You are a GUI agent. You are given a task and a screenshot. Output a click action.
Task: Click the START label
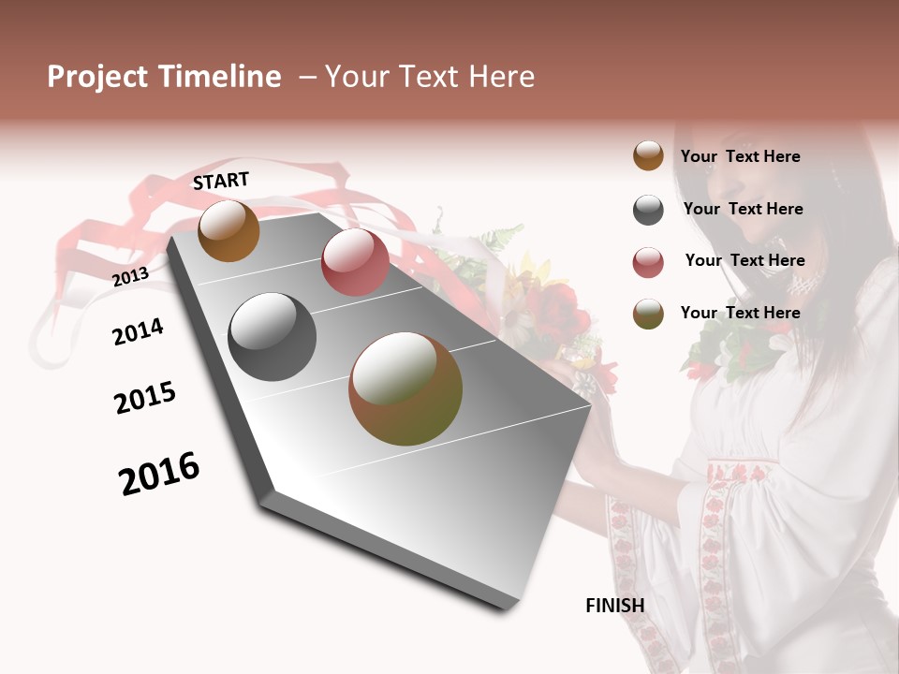[x=221, y=181]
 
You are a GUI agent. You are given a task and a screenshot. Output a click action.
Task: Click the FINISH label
[x=615, y=606]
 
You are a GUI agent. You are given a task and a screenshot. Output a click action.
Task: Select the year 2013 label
[x=130, y=276]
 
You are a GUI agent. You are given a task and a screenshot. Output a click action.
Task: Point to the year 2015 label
[x=145, y=398]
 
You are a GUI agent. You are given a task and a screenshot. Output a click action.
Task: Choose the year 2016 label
[x=159, y=473]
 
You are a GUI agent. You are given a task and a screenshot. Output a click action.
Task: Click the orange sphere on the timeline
[x=229, y=230]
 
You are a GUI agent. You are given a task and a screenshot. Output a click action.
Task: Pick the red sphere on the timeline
[x=355, y=262]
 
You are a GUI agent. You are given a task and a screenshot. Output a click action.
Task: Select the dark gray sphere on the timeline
[x=272, y=337]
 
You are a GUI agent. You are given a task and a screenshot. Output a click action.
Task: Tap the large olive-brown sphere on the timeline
[x=405, y=388]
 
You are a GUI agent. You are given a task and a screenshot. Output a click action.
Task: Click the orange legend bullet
[x=648, y=155]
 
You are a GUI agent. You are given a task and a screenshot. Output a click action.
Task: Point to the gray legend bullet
[x=648, y=210]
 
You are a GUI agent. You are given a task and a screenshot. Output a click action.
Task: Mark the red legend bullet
[x=648, y=262]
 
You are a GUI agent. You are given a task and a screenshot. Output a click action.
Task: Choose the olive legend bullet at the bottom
[x=648, y=314]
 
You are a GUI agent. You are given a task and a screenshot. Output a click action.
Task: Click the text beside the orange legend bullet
[x=740, y=156]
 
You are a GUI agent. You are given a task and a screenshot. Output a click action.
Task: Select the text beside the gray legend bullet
[x=743, y=209]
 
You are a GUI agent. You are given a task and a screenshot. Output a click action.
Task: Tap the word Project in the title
[x=97, y=77]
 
